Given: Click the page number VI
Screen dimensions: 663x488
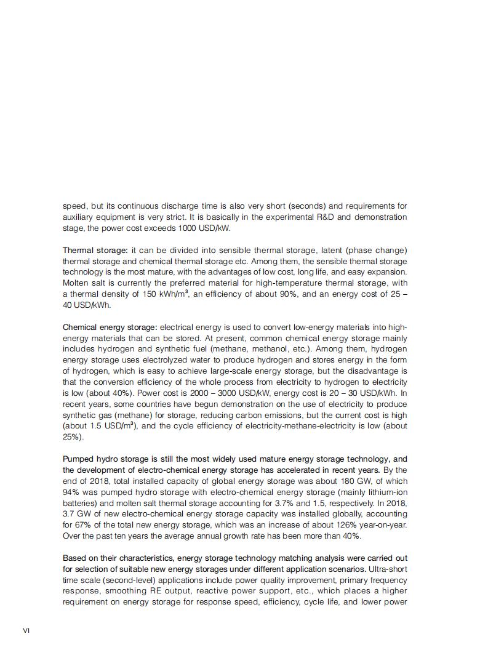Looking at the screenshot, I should coord(26,630).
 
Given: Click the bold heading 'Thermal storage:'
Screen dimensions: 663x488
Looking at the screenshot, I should coord(95,251).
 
